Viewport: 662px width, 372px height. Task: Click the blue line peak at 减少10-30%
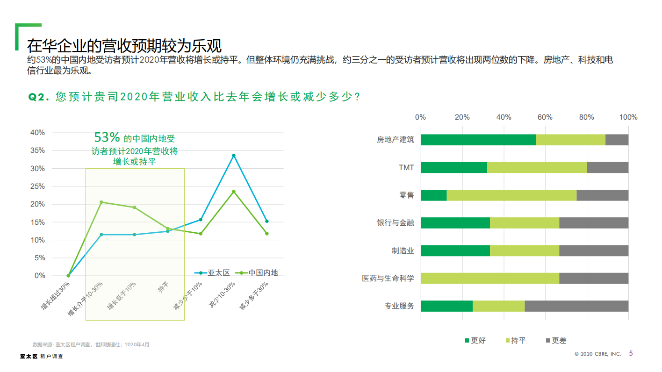coord(234,155)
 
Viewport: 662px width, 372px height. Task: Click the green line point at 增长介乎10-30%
coord(101,202)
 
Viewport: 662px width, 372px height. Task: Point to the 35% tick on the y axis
coord(37,150)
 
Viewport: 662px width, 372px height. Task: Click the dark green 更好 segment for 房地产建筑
coord(478,140)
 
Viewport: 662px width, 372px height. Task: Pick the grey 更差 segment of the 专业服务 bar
coord(576,306)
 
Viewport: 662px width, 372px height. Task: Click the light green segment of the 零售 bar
coord(511,195)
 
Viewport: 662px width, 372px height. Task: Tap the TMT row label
coord(406,167)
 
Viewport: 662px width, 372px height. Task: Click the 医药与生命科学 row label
coord(388,279)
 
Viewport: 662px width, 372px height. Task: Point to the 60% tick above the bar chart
coord(545,117)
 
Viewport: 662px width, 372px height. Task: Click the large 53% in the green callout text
coord(108,137)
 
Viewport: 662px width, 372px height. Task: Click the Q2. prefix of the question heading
coord(39,97)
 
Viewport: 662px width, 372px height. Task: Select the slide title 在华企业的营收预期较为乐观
coord(124,46)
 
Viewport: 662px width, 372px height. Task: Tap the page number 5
coord(631,353)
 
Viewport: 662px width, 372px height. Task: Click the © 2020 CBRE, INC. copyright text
coord(597,354)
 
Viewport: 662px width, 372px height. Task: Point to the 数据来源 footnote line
coord(91,344)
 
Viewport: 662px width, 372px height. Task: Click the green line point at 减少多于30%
coord(267,234)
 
